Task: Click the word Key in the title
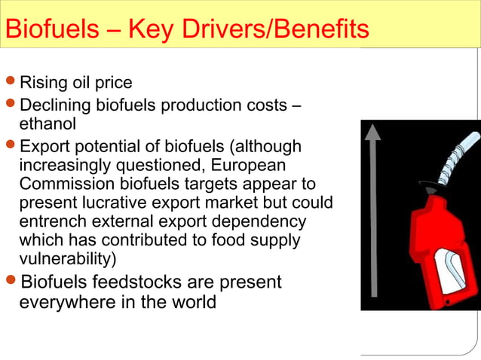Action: point(149,29)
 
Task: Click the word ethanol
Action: point(47,122)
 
